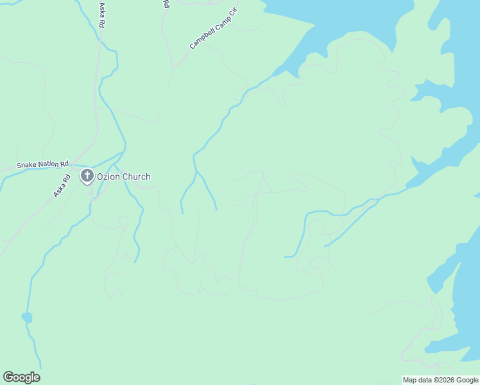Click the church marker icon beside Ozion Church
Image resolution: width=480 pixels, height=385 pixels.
(x=87, y=176)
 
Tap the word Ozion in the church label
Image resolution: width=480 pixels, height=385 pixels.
(x=108, y=176)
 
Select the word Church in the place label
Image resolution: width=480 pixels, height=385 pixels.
(x=136, y=176)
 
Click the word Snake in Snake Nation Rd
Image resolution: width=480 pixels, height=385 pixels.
(x=27, y=165)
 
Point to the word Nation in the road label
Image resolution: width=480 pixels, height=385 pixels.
(x=50, y=164)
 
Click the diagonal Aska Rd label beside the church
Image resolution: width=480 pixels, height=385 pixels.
(x=62, y=185)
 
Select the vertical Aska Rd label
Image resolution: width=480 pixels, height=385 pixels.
(x=101, y=14)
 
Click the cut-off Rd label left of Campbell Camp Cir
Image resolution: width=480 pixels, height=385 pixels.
(x=166, y=4)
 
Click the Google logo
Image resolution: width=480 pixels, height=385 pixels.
(x=21, y=377)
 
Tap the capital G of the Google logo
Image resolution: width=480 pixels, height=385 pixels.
(x=8, y=377)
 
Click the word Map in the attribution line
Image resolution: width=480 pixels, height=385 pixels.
(x=409, y=380)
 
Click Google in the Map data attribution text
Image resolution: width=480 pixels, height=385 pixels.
(x=467, y=380)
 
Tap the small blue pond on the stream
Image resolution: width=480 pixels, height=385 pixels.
(x=26, y=317)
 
